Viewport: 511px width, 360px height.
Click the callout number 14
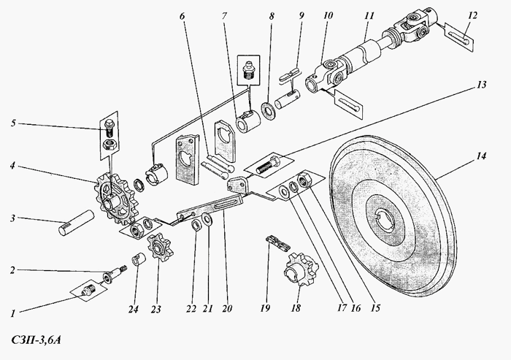tap(481, 156)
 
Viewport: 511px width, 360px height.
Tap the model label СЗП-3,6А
tap(36, 340)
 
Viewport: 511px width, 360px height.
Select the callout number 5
tap(13, 123)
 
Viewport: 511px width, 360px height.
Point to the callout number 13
tap(481, 85)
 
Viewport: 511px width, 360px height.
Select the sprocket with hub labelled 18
tap(301, 269)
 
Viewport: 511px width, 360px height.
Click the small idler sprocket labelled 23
tap(160, 246)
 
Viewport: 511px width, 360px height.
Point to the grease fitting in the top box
tap(250, 69)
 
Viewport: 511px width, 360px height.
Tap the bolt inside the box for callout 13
tap(270, 165)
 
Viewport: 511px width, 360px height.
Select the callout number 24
tap(133, 308)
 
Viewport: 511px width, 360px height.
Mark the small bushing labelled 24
tap(137, 261)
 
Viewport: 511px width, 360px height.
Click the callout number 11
tap(369, 16)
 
